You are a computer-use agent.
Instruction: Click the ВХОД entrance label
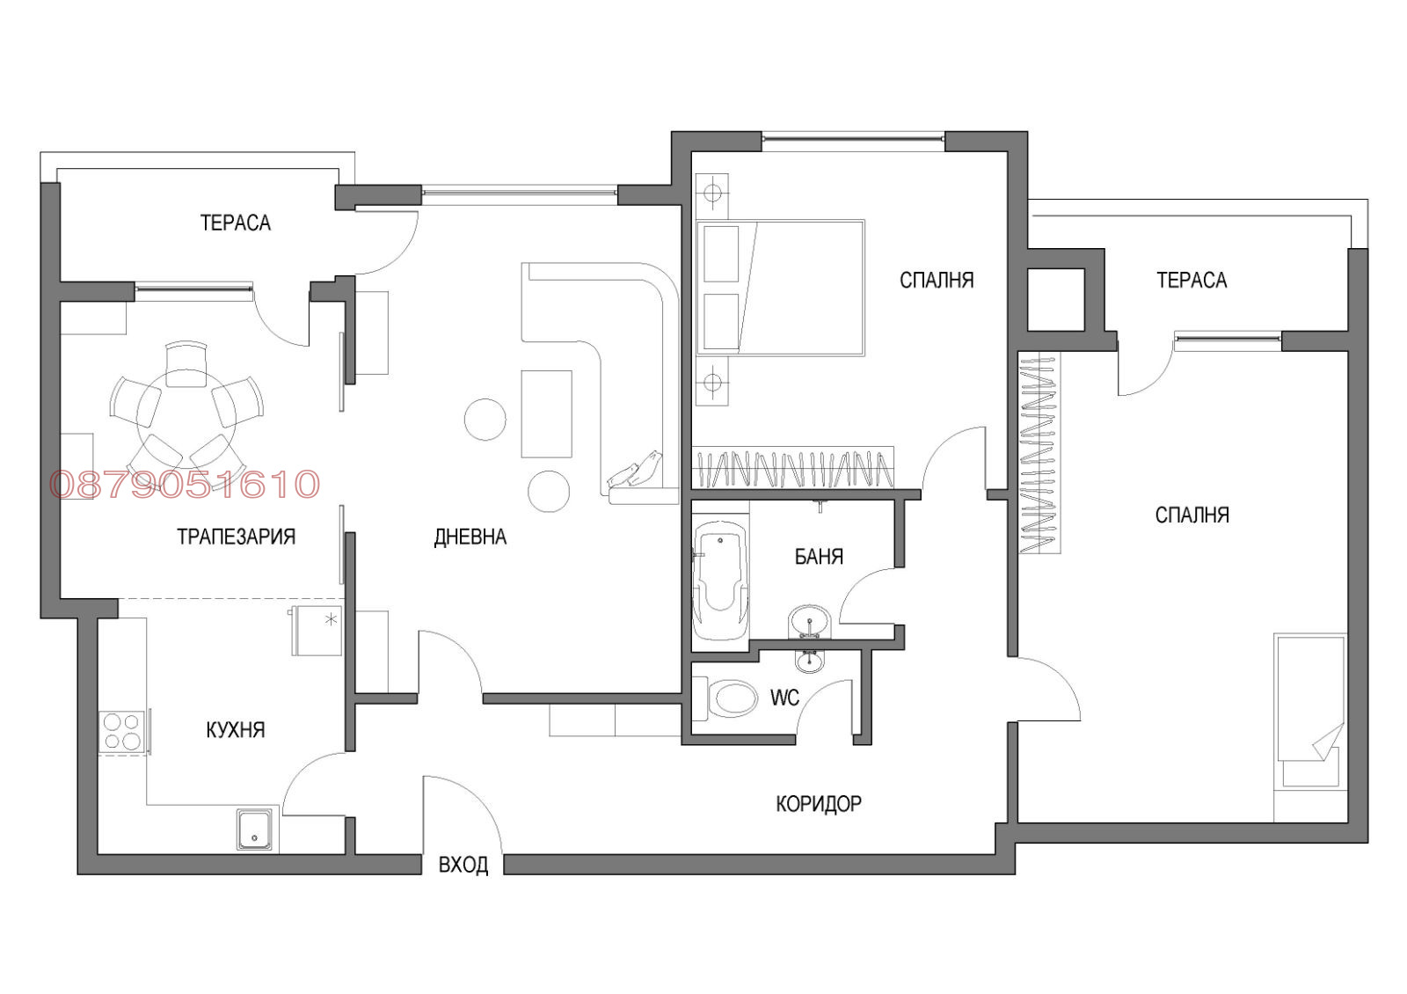click(463, 866)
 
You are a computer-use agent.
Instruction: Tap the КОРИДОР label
click(819, 804)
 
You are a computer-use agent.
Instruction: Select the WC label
click(784, 698)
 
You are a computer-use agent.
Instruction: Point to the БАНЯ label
click(819, 557)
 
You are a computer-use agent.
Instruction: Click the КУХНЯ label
click(236, 730)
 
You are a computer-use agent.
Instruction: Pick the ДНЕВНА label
click(470, 537)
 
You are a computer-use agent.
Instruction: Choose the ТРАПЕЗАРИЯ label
click(236, 537)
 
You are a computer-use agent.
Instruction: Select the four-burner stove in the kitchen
click(122, 733)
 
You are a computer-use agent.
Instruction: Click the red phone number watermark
click(185, 485)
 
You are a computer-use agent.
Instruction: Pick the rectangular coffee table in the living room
click(546, 414)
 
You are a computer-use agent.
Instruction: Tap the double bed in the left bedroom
click(780, 288)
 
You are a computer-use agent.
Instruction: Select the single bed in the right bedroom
click(1310, 711)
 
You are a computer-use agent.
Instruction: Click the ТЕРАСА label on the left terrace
click(236, 223)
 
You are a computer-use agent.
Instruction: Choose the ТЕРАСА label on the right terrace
click(1192, 281)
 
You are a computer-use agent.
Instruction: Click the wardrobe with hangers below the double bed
click(792, 468)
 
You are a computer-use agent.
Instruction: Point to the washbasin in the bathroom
click(809, 622)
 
